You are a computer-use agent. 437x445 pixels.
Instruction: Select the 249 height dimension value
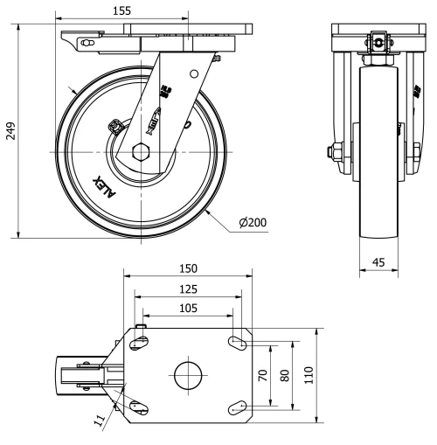[x=10, y=130]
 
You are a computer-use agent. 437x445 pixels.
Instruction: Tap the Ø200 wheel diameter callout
[x=253, y=221]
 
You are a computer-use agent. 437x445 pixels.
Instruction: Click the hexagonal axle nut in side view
[x=142, y=151]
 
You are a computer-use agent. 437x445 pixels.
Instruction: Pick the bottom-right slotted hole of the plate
[x=237, y=406]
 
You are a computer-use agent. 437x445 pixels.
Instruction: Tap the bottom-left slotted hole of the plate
[x=138, y=407]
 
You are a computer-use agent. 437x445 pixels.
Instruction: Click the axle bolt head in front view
[x=334, y=153]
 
